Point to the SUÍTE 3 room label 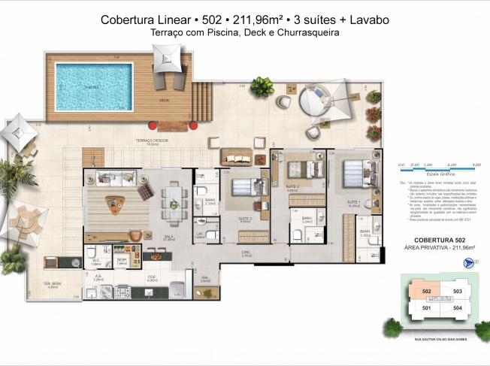[x=244, y=219]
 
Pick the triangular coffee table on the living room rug [x=115, y=202]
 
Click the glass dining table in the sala [x=176, y=199]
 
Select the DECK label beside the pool [x=164, y=99]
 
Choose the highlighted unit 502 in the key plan [x=427, y=291]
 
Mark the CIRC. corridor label [x=246, y=254]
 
